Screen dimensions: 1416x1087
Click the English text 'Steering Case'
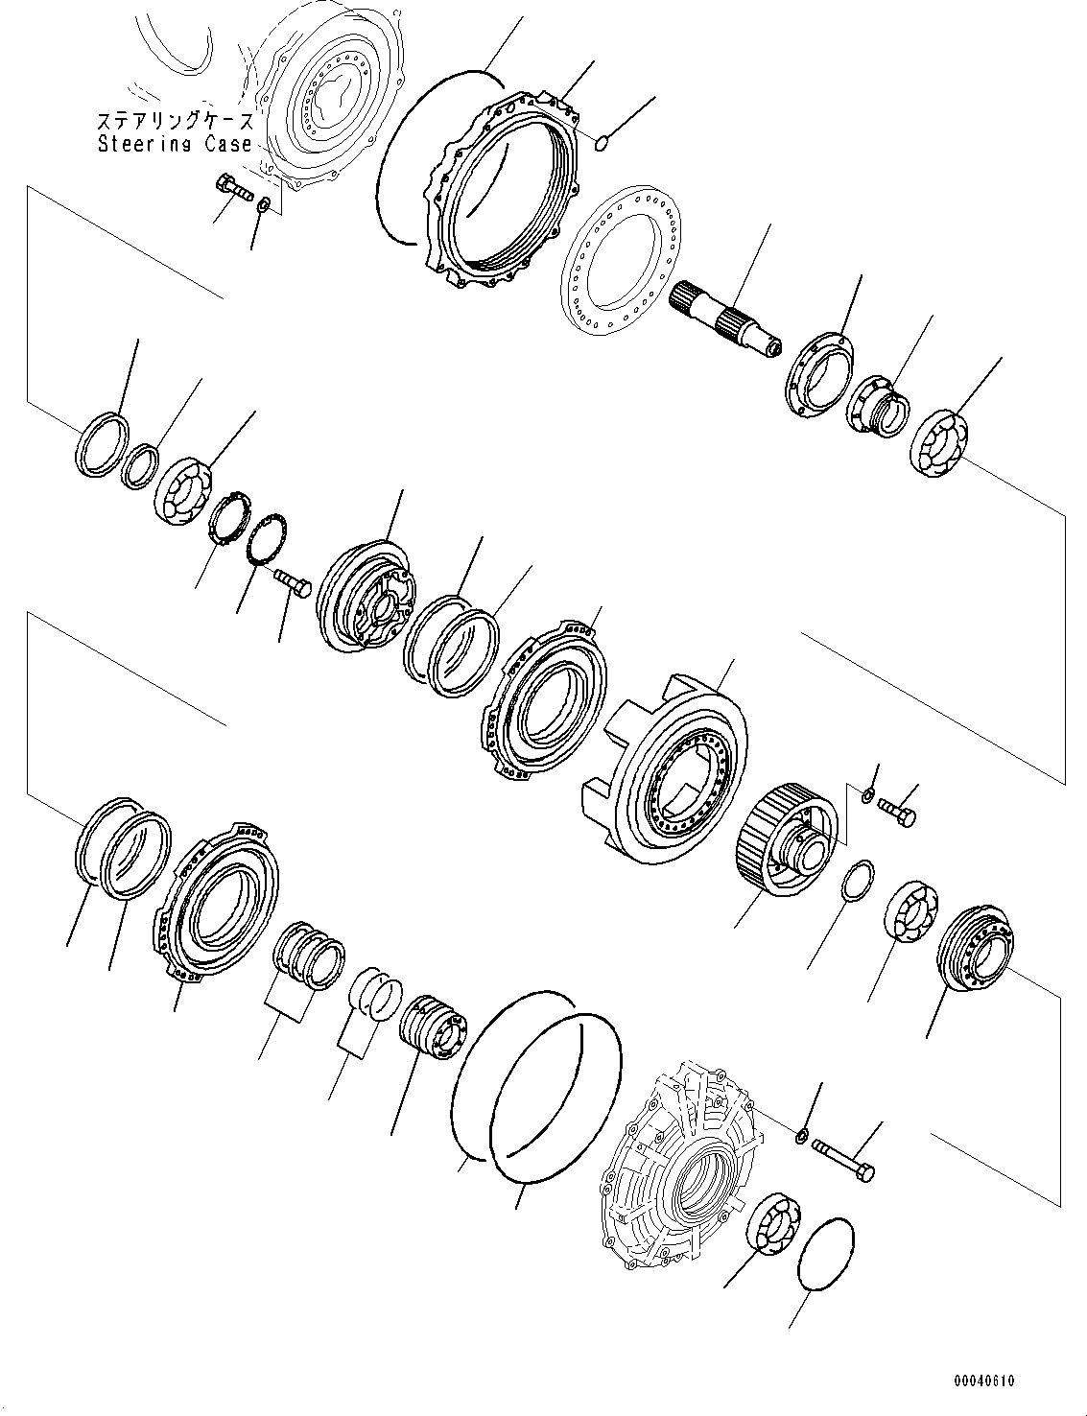tap(175, 144)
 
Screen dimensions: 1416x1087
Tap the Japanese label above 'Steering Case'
tap(175, 122)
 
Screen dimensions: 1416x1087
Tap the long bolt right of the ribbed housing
tap(843, 1157)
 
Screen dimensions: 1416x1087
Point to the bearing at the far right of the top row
tap(938, 441)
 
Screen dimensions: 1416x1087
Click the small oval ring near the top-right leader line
tap(602, 144)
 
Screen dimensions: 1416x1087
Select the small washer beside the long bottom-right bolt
tap(798, 1137)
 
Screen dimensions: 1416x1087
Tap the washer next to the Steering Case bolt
tap(265, 204)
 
